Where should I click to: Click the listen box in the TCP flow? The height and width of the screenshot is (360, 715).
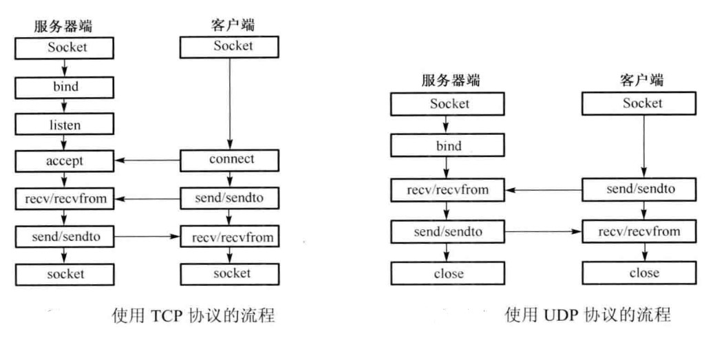tap(65, 125)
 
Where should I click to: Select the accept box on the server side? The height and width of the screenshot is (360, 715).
tap(65, 161)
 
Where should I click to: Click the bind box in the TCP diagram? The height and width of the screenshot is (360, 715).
tap(65, 87)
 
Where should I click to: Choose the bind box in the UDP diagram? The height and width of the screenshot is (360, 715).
tap(449, 146)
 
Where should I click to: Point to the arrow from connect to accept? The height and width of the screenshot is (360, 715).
tap(147, 161)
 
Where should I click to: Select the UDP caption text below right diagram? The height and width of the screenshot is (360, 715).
tap(587, 316)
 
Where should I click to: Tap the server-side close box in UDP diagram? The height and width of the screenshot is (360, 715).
tap(449, 273)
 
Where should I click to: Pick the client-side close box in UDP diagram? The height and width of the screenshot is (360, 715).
tap(643, 273)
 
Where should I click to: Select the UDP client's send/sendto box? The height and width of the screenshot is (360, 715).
tap(643, 188)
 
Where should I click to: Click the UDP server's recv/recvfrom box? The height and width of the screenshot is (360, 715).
tap(449, 188)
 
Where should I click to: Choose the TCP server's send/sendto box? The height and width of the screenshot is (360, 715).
tap(65, 236)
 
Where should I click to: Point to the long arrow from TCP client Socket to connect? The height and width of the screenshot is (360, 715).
tap(229, 103)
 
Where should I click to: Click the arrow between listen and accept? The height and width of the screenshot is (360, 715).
tap(65, 142)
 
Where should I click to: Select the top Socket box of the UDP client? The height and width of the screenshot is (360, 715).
tap(643, 104)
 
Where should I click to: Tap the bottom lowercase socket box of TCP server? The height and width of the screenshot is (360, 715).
tap(65, 273)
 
